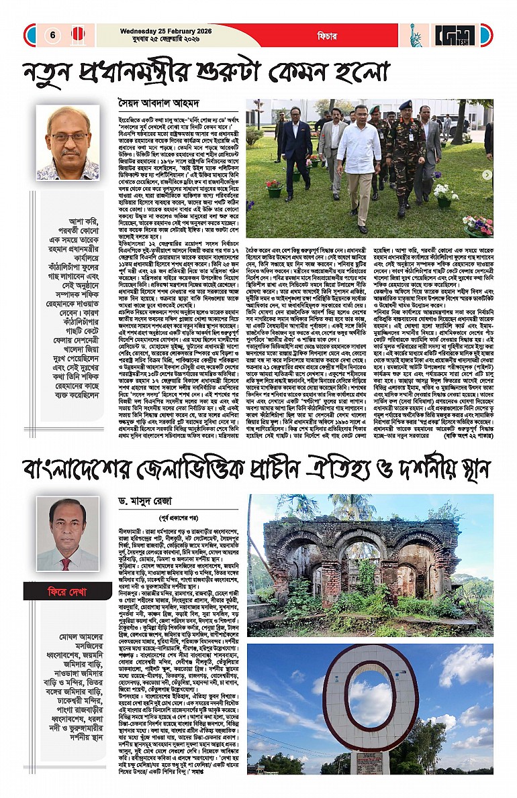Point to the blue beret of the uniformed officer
pyautogui.click(x=405, y=105)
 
